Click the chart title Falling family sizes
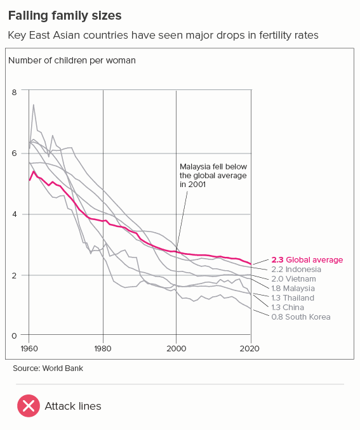pyautogui.click(x=65, y=16)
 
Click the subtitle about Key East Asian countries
pyautogui.click(x=163, y=36)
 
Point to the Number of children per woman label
pyautogui.click(x=72, y=61)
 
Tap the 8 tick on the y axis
pyautogui.click(x=14, y=92)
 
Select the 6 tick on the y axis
pyautogui.click(x=14, y=153)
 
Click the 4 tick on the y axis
pyautogui.click(x=14, y=214)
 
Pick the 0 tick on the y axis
pyautogui.click(x=14, y=336)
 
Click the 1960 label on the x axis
pyautogui.click(x=29, y=349)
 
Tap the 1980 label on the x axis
pyautogui.click(x=103, y=349)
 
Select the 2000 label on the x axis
pyautogui.click(x=177, y=349)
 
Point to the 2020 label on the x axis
pyautogui.click(x=250, y=349)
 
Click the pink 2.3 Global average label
pyautogui.click(x=307, y=259)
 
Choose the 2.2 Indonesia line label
pyautogui.click(x=297, y=270)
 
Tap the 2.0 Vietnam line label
pyautogui.click(x=294, y=279)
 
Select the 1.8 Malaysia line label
pyautogui.click(x=293, y=289)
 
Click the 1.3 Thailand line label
pyautogui.click(x=293, y=298)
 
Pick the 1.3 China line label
pyautogui.click(x=288, y=308)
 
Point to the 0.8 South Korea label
pyautogui.click(x=301, y=317)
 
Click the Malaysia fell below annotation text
pyautogui.click(x=213, y=176)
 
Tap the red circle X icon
pyautogui.click(x=29, y=406)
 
